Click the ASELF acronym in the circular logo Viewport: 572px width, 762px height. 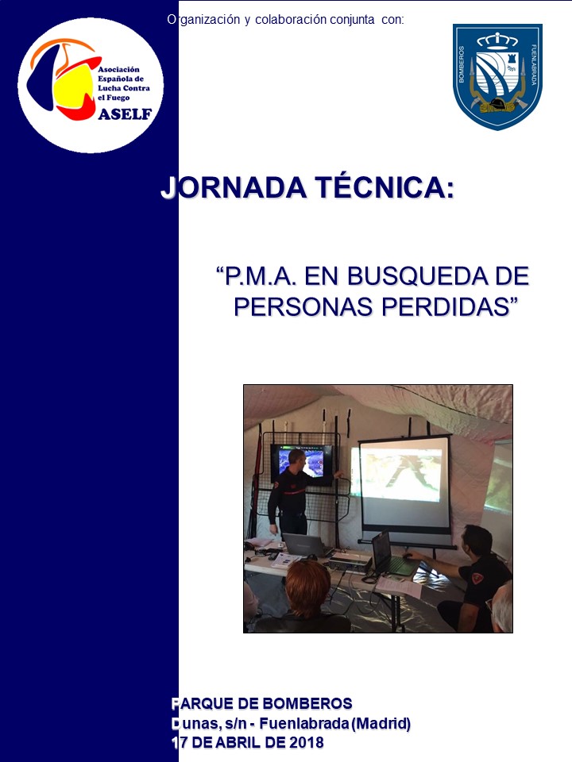[125, 114]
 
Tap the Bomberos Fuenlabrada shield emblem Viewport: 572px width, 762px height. [497, 76]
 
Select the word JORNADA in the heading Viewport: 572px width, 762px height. [234, 187]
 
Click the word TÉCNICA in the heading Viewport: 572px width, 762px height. [385, 187]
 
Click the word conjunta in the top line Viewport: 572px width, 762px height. [352, 19]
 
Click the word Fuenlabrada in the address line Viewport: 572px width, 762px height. [303, 724]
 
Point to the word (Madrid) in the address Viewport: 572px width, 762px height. [381, 724]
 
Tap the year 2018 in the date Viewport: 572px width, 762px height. [307, 743]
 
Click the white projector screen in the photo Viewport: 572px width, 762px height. [404, 487]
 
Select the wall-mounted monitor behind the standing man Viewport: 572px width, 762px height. [302, 465]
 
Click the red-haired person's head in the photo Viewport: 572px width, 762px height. [307, 588]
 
